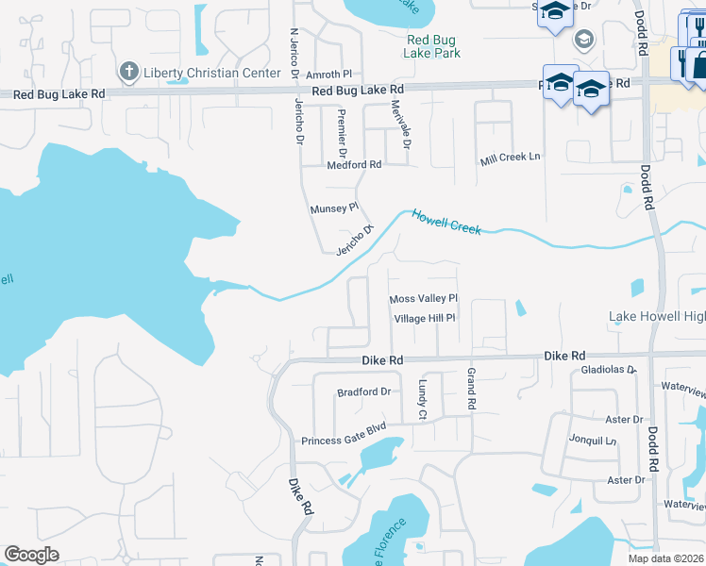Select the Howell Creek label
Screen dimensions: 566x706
446,222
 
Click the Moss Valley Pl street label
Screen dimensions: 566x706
423,299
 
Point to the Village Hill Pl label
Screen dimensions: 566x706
425,319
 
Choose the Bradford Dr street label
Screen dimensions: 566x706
363,391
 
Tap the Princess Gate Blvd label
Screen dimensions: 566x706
344,441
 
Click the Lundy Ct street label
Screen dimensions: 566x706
422,401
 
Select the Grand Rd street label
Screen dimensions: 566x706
470,389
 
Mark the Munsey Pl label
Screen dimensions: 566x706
335,207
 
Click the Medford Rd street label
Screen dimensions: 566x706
353,164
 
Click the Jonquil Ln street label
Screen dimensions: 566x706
592,440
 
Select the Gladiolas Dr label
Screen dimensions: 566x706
610,370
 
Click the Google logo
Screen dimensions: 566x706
32,554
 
